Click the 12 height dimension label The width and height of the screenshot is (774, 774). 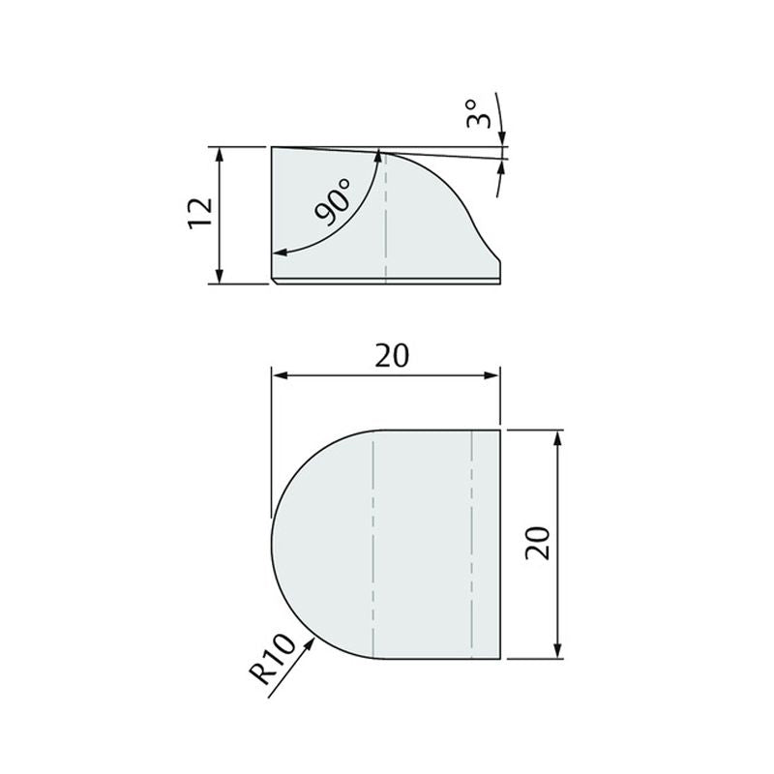[200, 214]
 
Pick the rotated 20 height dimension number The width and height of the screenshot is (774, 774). [539, 543]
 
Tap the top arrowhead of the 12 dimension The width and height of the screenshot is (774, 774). [222, 153]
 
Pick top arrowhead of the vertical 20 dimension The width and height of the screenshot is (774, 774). [558, 436]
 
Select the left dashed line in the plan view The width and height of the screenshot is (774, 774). [373, 542]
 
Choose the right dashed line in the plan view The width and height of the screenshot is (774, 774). [471, 542]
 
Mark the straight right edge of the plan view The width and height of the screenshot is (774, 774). [500, 542]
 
